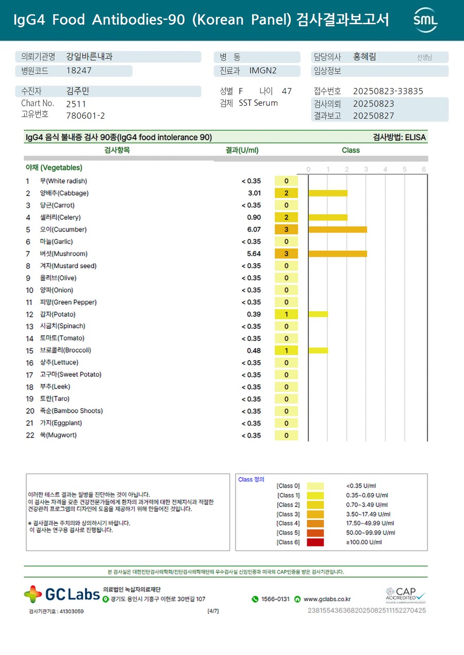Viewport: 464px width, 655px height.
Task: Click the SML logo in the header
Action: [x=425, y=20]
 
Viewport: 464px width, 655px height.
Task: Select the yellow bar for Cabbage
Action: [x=328, y=193]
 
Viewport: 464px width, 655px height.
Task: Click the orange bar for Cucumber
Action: [x=338, y=229]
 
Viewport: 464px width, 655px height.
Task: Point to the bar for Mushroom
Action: [x=338, y=254]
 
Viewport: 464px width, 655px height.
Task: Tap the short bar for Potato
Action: [x=318, y=314]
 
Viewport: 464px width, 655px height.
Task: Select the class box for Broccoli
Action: [x=286, y=350]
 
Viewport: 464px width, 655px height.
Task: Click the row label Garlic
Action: [x=56, y=242]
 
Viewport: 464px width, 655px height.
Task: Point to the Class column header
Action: [x=351, y=150]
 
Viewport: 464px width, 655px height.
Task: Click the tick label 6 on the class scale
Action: [x=424, y=170]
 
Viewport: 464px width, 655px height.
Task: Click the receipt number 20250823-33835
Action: [x=388, y=91]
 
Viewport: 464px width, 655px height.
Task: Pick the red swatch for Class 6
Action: [x=316, y=542]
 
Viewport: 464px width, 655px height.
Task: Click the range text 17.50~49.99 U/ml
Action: [x=371, y=523]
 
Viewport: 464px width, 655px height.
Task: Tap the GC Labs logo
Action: [x=62, y=594]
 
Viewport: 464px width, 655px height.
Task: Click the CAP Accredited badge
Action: [x=406, y=595]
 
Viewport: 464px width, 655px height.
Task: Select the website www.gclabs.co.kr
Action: [x=327, y=599]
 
